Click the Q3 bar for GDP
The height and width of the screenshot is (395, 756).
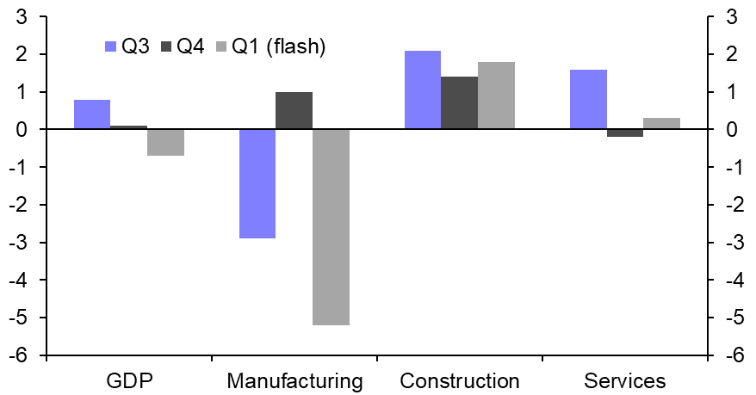[92, 114]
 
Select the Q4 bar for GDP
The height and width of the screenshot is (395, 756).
[128, 127]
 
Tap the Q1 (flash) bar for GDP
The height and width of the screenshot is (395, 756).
[165, 142]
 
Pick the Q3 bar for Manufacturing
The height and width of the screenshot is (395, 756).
[257, 183]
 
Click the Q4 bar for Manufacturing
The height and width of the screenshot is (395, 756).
[294, 110]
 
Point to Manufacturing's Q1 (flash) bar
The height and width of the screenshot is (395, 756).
[331, 227]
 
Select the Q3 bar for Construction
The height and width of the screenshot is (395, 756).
[422, 90]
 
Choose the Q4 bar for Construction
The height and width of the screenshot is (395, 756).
[459, 103]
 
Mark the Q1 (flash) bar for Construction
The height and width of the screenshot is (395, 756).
[496, 96]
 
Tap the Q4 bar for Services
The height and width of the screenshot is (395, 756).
[624, 133]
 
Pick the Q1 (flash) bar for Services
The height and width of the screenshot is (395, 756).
[661, 123]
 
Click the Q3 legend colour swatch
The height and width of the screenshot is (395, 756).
[110, 46]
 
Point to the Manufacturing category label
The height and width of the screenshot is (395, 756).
[294, 381]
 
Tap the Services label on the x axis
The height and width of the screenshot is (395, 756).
[624, 381]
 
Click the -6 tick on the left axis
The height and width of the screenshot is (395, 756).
[22, 355]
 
